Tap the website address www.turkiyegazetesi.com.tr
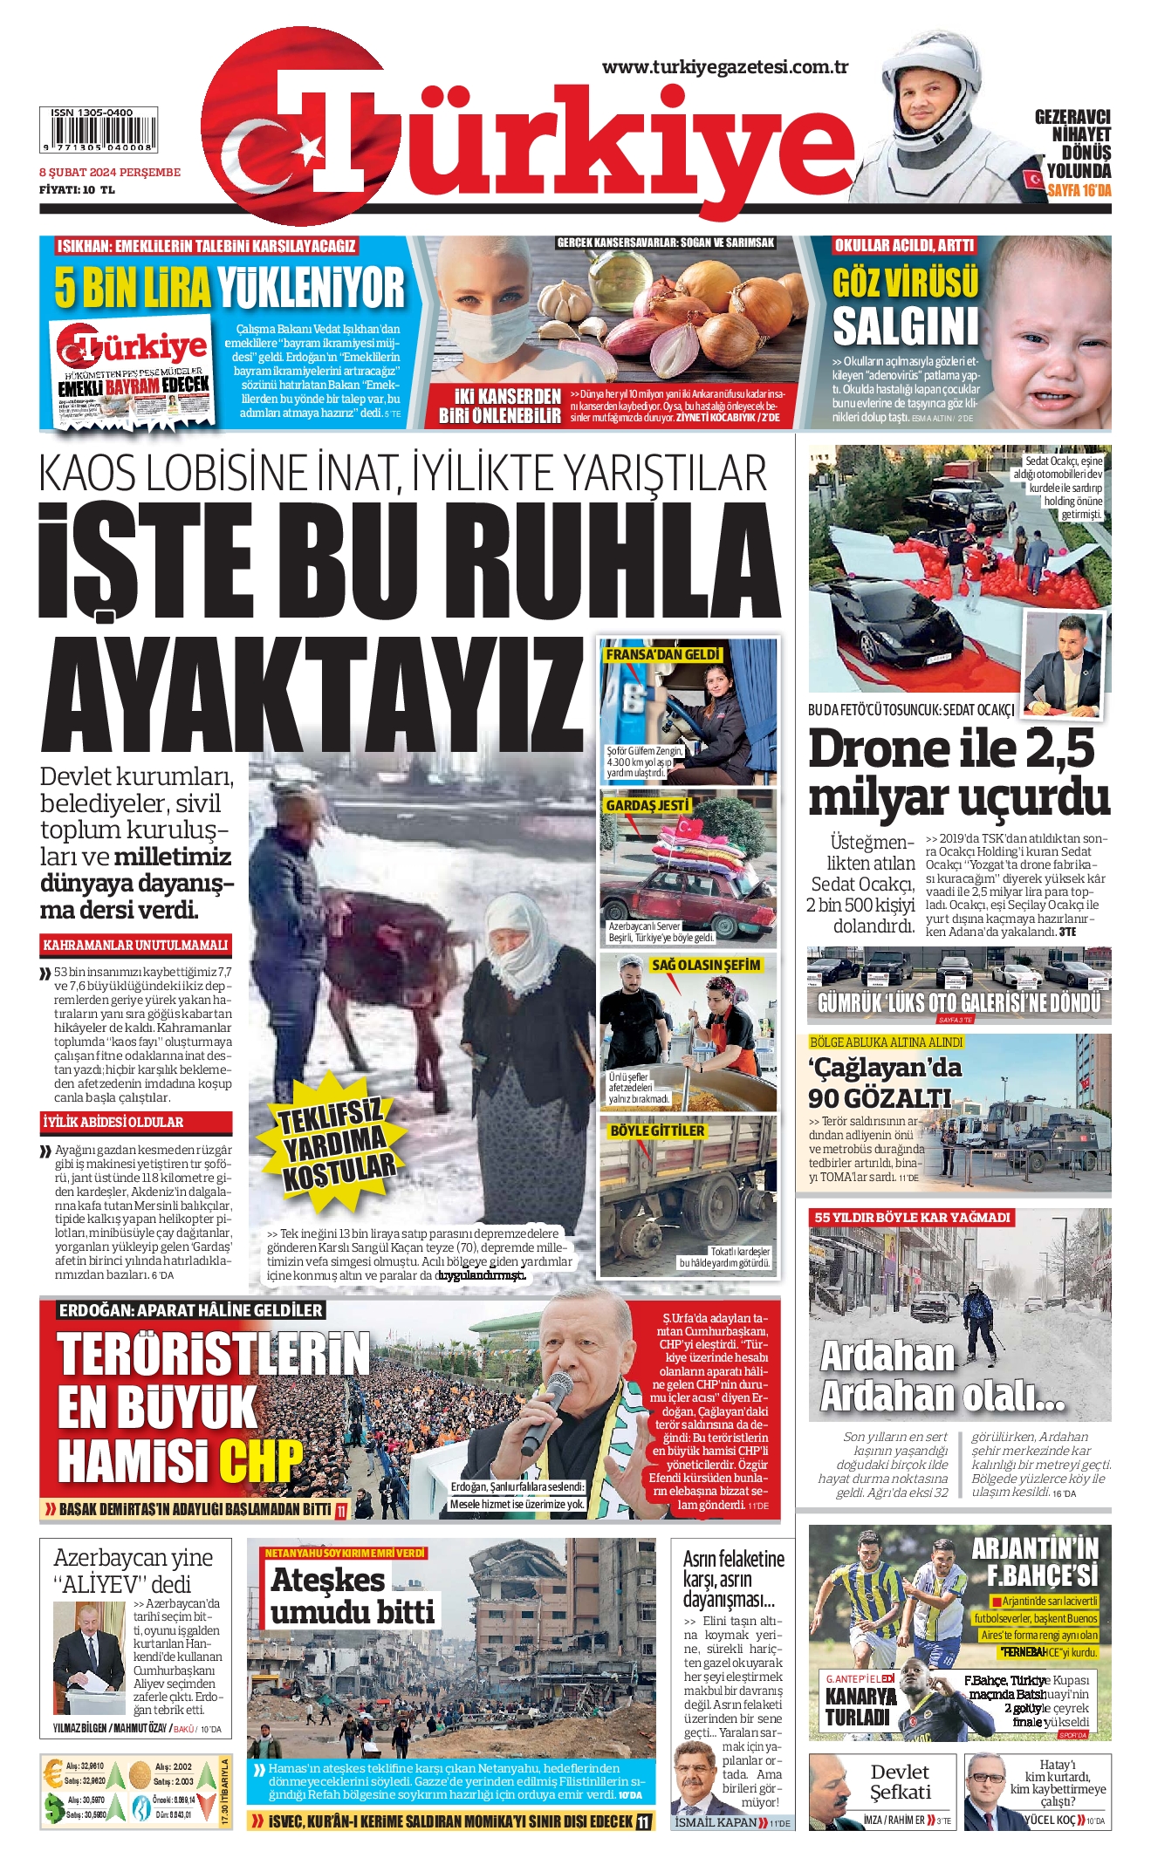click(724, 67)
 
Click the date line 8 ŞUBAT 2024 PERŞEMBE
click(110, 173)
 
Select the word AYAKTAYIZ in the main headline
click(312, 695)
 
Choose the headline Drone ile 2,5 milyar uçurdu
click(958, 773)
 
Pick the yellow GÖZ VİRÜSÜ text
click(906, 283)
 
